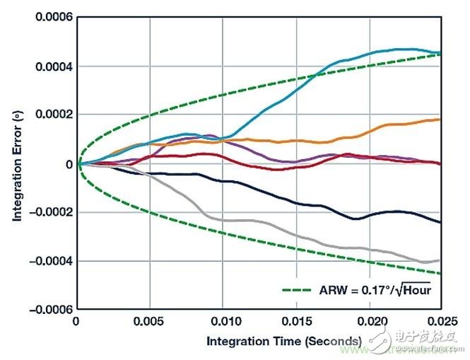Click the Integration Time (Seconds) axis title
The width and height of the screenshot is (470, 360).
click(284, 341)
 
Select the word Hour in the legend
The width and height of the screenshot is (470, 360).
click(416, 290)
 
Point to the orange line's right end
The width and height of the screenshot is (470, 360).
click(440, 120)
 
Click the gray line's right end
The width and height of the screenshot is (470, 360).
click(440, 260)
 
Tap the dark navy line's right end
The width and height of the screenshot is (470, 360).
click(440, 222)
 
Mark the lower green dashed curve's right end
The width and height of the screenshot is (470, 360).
click(440, 273)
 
